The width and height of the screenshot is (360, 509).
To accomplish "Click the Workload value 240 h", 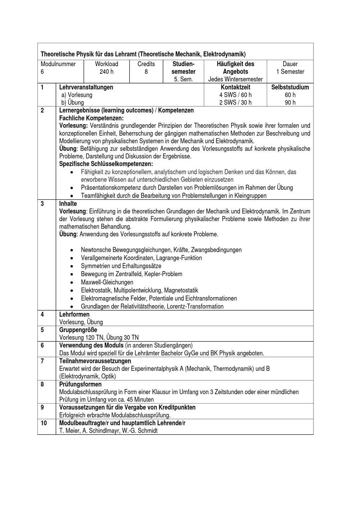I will [107, 72].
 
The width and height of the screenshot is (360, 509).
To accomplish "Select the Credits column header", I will [146, 64].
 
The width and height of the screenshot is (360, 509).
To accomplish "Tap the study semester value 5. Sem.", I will [183, 79].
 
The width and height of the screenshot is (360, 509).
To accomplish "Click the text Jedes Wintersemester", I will [235, 79].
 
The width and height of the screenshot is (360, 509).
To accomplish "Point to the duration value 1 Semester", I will [290, 72].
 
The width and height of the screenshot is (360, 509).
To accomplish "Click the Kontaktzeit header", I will [235, 87].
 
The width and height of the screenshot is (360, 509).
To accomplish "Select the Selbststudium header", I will [290, 87].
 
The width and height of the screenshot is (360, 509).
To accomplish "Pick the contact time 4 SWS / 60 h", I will [235, 95].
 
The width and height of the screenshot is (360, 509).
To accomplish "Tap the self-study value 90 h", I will [290, 103].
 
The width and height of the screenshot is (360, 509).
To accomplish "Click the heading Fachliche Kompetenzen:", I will [91, 118].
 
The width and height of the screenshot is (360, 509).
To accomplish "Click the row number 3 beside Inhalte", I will [42, 204].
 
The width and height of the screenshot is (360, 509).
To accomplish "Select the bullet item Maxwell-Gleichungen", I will [107, 282].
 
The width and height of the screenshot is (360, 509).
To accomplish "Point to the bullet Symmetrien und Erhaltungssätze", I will [121, 266].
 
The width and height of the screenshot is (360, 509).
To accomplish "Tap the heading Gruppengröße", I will [78, 330].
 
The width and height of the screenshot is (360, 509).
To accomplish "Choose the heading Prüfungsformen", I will [80, 384].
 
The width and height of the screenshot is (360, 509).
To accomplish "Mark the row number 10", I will [44, 423].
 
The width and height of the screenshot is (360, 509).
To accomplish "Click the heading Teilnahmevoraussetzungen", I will [95, 361].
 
